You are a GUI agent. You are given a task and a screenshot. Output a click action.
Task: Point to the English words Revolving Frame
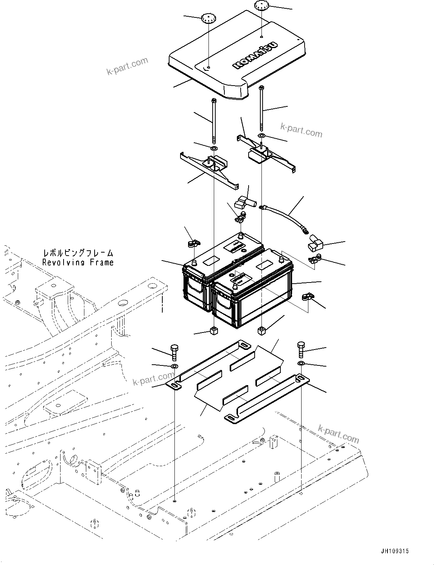tap(78, 262)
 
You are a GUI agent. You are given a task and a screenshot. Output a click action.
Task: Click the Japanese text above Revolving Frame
tap(78, 253)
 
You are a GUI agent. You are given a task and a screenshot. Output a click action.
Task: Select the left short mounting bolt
tap(175, 352)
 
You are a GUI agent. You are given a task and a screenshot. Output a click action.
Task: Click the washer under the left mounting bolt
tap(174, 366)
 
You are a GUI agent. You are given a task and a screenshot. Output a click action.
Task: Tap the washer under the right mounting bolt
tap(301, 364)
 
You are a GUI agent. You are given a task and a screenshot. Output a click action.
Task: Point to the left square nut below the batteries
tap(214, 332)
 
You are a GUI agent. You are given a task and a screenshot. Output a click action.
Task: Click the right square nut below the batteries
tap(261, 331)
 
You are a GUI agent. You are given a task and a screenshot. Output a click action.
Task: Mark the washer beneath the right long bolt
tap(261, 135)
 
